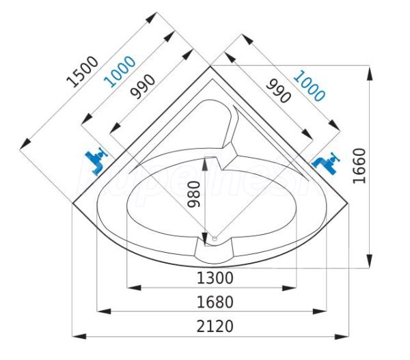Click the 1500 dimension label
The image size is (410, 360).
pos(83,71)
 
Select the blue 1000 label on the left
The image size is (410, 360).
pos(120,71)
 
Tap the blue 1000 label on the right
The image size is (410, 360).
pos(310,86)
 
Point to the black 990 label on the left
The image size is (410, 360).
pos(143,87)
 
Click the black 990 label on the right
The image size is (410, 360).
pos(278,91)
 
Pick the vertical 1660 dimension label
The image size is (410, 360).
pos(359,166)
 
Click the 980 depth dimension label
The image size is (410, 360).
pos(194,194)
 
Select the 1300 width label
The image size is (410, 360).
pos(215,278)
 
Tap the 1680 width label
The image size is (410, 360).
pos(215,302)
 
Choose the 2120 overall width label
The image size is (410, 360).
pos(215,327)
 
